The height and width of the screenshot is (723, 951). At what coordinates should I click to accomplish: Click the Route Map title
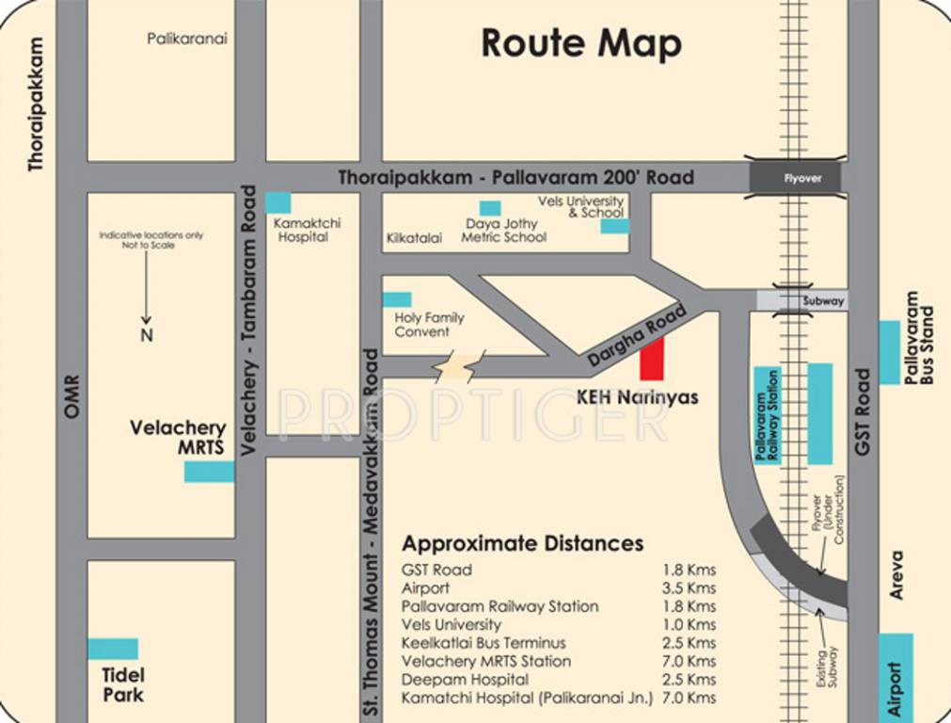tap(580, 43)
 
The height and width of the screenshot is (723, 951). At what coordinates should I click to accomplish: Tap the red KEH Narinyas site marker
tap(652, 360)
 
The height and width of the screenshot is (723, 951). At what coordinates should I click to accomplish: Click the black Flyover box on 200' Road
tap(801, 177)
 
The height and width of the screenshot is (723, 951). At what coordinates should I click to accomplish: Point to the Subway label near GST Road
tap(823, 301)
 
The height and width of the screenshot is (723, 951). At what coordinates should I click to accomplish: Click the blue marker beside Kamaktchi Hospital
tap(277, 202)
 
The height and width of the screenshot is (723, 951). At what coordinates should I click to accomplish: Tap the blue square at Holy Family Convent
tap(397, 299)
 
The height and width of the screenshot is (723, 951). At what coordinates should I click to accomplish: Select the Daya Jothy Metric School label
tap(503, 231)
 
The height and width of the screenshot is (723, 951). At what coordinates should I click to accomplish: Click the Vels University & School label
tap(580, 207)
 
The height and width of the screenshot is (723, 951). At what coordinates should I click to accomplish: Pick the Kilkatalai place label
tap(414, 238)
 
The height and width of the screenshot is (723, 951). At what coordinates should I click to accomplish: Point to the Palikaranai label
tap(187, 39)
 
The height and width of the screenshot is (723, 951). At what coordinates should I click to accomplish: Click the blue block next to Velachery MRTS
tap(209, 471)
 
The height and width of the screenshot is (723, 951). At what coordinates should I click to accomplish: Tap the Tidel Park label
tap(123, 685)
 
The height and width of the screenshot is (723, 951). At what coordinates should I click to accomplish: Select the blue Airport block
tap(896, 678)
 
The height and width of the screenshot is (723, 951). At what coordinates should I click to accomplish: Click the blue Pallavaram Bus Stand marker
tap(889, 352)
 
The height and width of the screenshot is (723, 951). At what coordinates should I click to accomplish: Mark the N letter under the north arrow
tap(147, 335)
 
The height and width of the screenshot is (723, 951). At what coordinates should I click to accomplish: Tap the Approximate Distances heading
tap(522, 543)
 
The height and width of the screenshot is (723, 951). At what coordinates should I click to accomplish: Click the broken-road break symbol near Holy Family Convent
tap(459, 366)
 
